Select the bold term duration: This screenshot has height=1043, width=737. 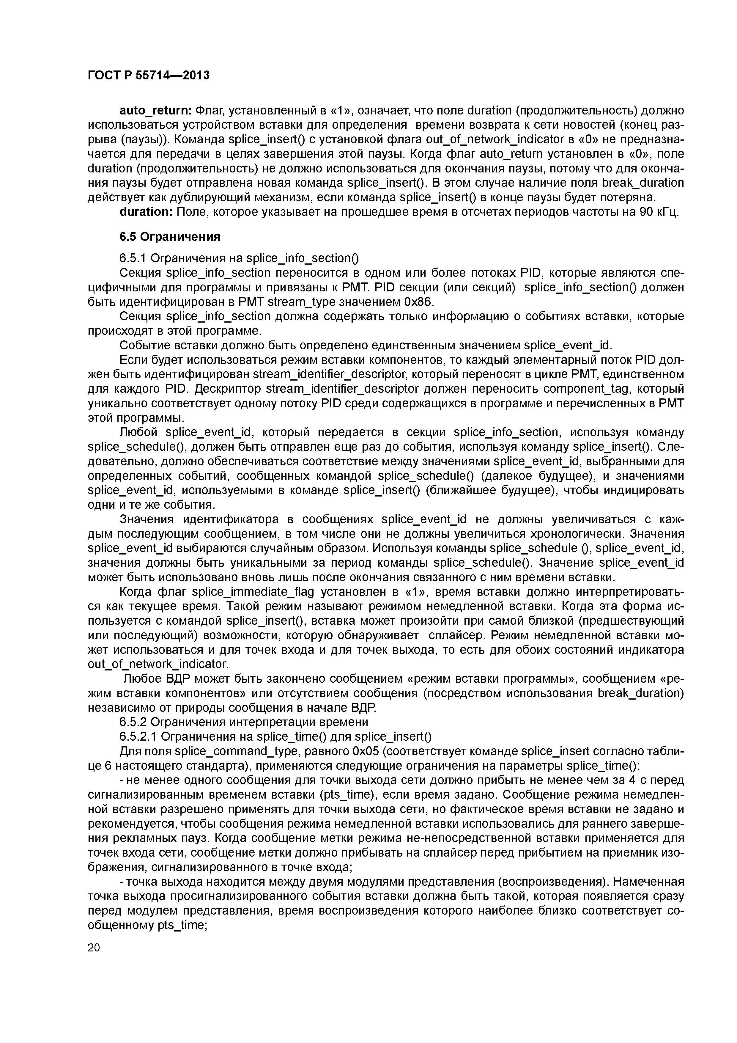coord(146,212)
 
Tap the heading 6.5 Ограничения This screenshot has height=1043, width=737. coord(170,237)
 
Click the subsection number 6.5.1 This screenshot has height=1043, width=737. coord(133,258)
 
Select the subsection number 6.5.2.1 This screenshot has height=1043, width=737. coord(138,736)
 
